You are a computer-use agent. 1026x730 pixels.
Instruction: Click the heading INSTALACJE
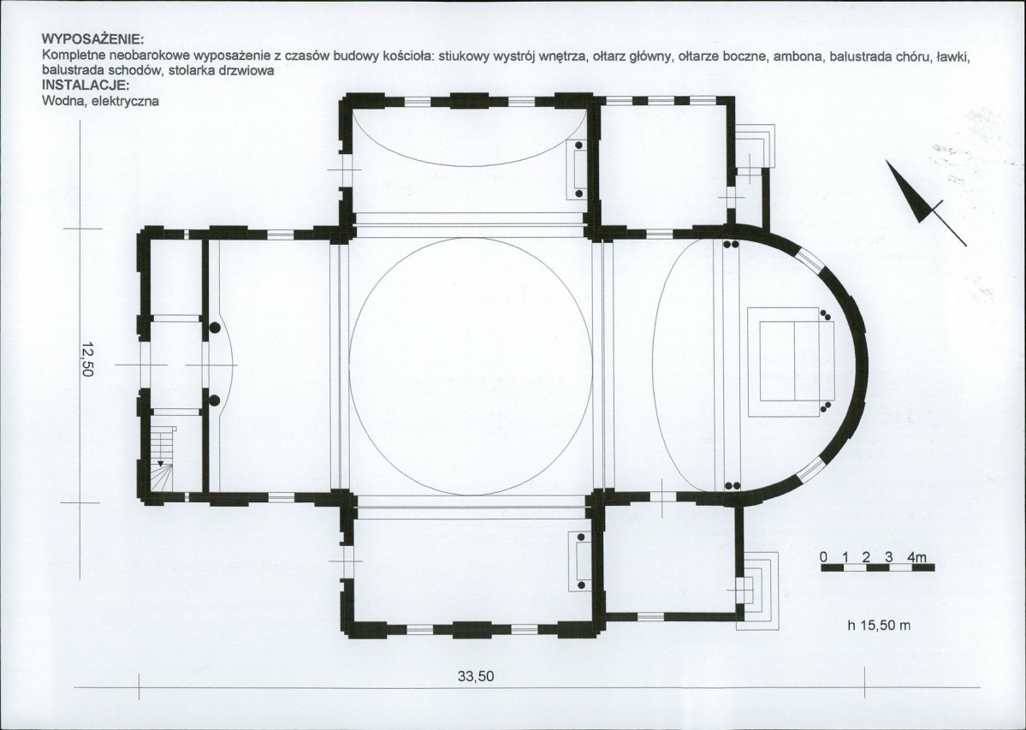coord(85,85)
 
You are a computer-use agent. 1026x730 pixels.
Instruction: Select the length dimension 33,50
coord(476,676)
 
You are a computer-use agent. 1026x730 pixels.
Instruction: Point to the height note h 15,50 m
coord(879,626)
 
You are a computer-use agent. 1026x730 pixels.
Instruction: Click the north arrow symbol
coord(924,201)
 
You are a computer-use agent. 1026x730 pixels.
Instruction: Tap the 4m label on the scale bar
coord(916,557)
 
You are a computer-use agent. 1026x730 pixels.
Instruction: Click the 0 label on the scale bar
coord(824,557)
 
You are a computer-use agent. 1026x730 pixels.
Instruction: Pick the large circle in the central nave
coord(471,365)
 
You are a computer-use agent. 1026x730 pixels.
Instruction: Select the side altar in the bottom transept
coord(578,561)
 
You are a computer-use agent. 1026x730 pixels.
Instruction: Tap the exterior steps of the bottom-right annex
coord(758,591)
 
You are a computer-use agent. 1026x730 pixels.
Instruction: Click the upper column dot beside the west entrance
coord(214,326)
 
